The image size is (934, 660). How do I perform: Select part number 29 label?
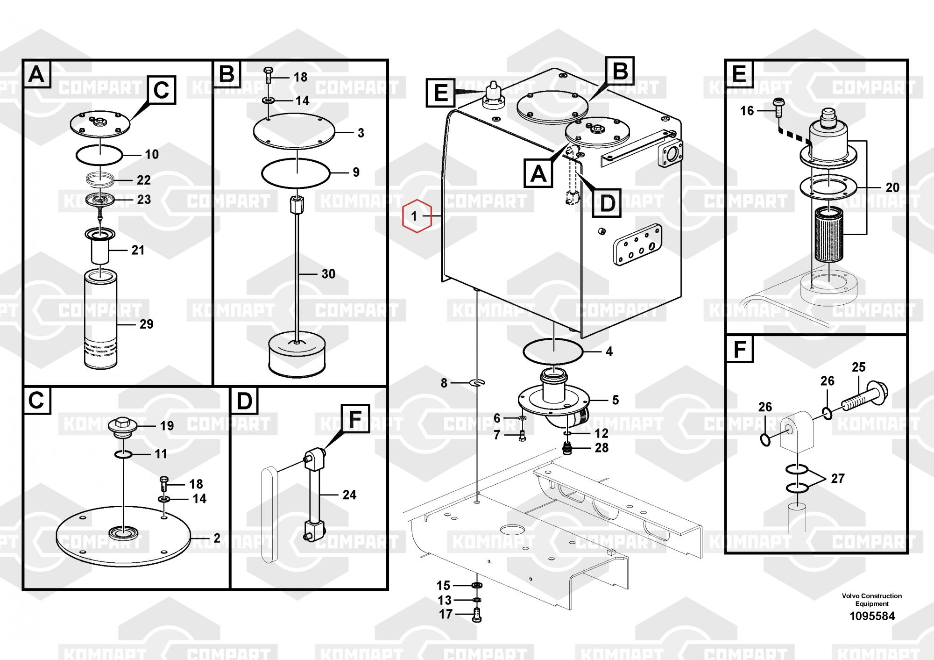[x=147, y=324]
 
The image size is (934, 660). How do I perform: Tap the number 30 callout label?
[x=328, y=274]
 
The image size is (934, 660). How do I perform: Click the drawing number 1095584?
[x=872, y=616]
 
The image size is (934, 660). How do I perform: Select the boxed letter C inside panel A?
[x=162, y=90]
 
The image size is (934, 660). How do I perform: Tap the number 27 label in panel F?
[x=838, y=479]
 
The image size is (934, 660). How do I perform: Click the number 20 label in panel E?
[x=892, y=187]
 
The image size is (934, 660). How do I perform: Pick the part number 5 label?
[x=616, y=400]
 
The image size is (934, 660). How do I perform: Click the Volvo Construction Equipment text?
[x=872, y=600]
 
